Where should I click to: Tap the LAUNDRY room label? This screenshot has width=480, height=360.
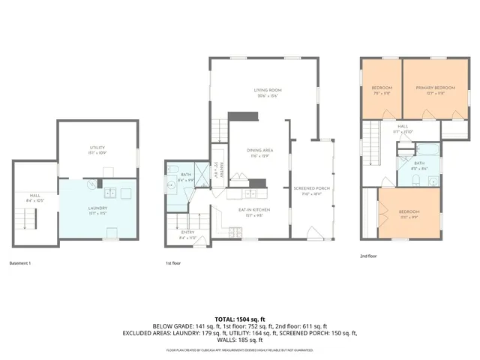pyautogui.click(x=97, y=208)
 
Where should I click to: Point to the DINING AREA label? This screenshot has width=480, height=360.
pyautogui.click(x=259, y=151)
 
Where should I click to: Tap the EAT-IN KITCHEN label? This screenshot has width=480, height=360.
pyautogui.click(x=254, y=210)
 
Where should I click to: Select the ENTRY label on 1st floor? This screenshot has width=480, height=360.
pyautogui.click(x=187, y=232)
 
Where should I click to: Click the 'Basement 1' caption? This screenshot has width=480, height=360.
pyautogui.click(x=20, y=263)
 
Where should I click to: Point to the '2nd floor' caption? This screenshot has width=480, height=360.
pyautogui.click(x=368, y=256)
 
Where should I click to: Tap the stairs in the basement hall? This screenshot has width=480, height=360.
pyautogui.click(x=28, y=219)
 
